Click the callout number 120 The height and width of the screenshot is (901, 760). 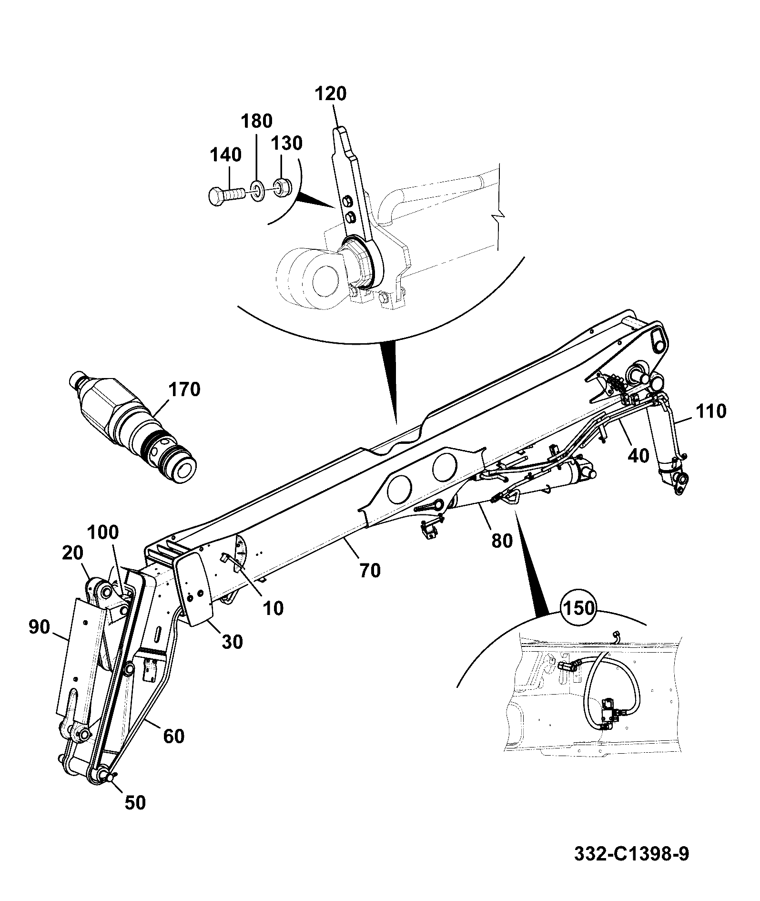(331, 93)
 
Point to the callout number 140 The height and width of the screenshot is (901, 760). (226, 154)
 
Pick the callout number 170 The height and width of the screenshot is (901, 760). (184, 389)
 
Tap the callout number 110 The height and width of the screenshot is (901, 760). (711, 411)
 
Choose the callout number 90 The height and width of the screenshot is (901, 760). (39, 627)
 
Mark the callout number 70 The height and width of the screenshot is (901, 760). (370, 570)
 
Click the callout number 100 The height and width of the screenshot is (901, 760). (102, 532)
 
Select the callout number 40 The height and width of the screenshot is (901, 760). (638, 455)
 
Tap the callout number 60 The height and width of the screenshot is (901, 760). (173, 736)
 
